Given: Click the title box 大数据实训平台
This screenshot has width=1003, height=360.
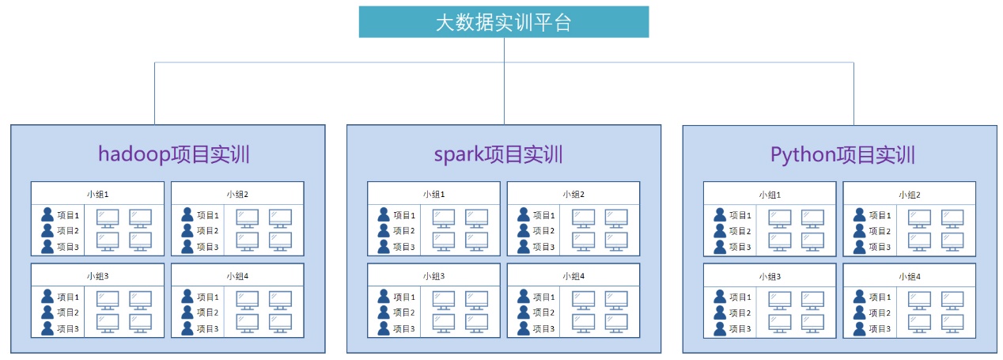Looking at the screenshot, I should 504,22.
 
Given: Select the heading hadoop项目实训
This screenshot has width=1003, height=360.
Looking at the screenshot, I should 174,154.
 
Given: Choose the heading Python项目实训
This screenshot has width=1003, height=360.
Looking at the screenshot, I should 842,154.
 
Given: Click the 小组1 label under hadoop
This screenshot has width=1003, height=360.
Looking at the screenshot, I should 97,194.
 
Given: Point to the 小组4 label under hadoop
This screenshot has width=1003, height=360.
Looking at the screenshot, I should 237,276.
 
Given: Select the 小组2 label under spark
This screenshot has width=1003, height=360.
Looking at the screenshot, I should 573,194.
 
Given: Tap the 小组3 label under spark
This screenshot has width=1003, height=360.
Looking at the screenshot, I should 433,276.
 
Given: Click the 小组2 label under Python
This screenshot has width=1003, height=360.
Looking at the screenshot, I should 909,194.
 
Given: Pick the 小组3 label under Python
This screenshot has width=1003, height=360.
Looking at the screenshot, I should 770,276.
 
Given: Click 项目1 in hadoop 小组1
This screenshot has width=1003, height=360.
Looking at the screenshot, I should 68,215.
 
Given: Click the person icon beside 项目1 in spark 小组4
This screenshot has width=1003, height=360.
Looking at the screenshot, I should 524,297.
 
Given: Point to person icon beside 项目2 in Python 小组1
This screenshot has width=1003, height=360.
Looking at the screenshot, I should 720,231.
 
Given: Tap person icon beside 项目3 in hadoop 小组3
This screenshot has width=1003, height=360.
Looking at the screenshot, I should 47,328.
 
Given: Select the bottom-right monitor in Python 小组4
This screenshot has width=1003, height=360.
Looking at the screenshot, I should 952,323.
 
